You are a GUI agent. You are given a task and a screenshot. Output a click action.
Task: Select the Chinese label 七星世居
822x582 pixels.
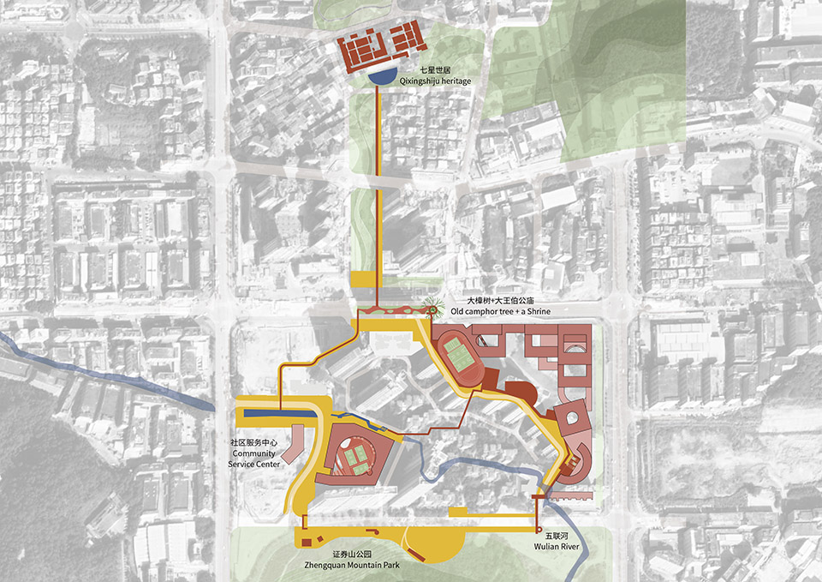coord(433,69)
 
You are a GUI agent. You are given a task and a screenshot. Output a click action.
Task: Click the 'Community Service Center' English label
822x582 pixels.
coord(253,459)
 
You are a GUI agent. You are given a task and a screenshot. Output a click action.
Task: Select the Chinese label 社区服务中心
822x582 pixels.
coord(253,443)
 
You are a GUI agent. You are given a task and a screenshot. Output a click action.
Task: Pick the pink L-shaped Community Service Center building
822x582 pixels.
coord(291,442)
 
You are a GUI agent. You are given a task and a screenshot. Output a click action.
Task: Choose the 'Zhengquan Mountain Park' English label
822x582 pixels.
coord(350,567)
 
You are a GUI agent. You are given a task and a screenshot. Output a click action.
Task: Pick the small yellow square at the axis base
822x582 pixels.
coord(363,279)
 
